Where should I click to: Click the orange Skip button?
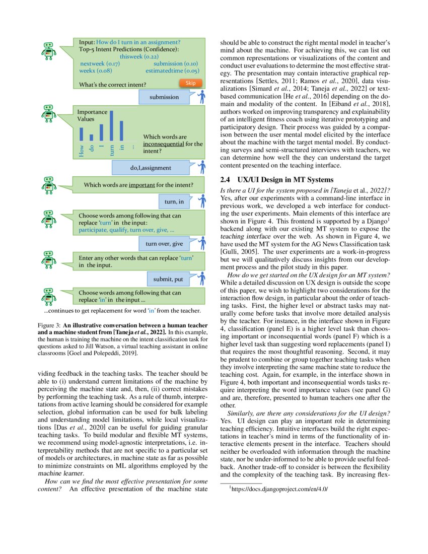pyautogui.click(x=190, y=83)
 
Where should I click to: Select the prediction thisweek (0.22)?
pyautogui.click(x=137, y=57)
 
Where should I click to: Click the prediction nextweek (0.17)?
pyautogui.click(x=100, y=64)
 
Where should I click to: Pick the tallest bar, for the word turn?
pyautogui.click(x=111, y=125)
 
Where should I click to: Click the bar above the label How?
pyautogui.click(x=81, y=134)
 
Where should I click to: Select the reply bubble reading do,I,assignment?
pyautogui.click(x=151, y=168)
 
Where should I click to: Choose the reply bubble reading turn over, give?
pyautogui.click(x=165, y=244)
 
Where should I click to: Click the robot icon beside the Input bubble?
pyautogui.click(x=48, y=50)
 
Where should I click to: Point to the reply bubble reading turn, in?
pyautogui.click(x=174, y=202)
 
